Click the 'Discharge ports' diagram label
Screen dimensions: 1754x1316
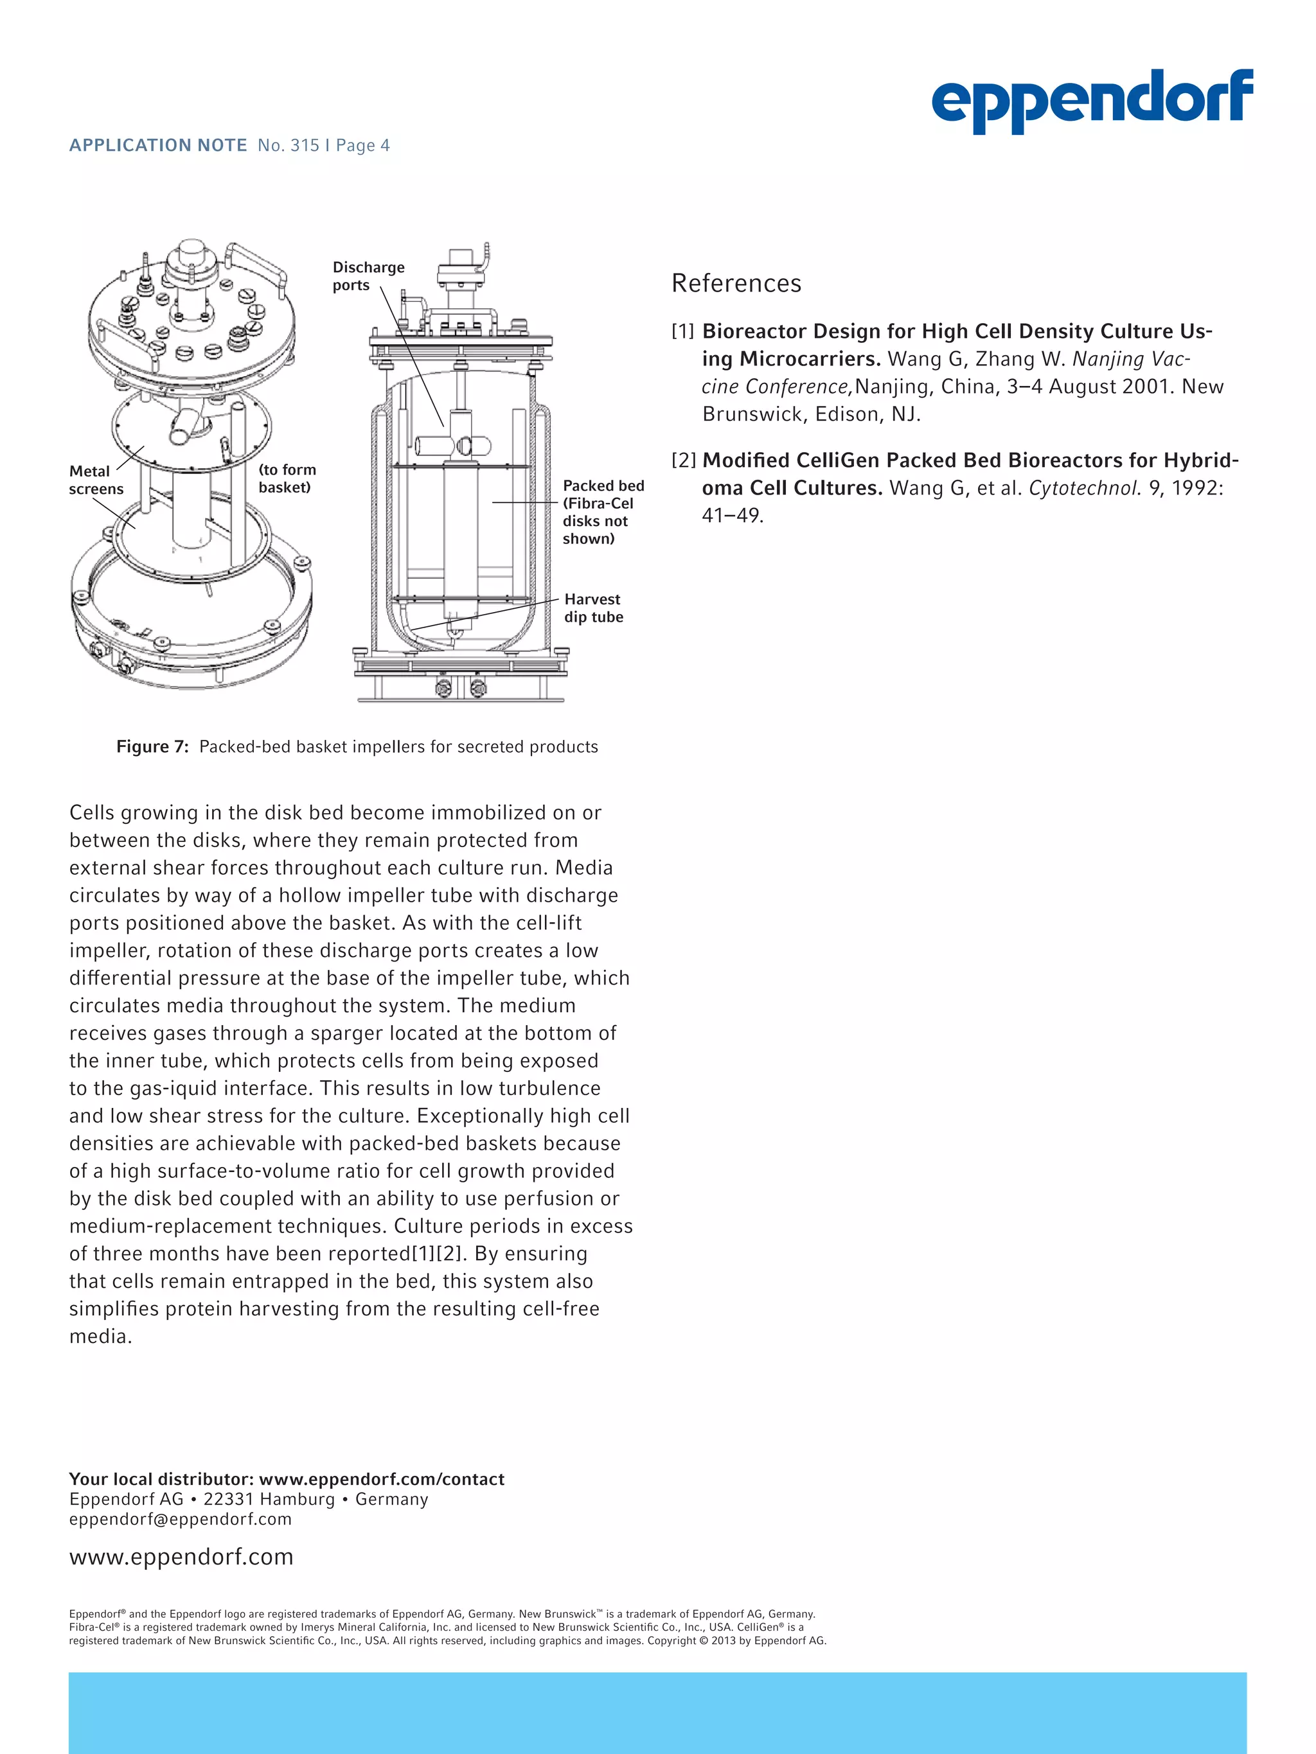click(368, 276)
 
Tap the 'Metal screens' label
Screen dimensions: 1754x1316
click(95, 480)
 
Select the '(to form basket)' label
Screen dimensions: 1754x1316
click(287, 478)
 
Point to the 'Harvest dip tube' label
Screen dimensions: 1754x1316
click(593, 608)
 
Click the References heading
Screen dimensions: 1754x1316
click(736, 283)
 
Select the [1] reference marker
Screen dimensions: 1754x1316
click(682, 331)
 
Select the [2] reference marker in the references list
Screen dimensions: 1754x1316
click(683, 460)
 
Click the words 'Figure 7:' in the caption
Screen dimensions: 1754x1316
click(152, 747)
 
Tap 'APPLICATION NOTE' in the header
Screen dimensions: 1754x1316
click(158, 146)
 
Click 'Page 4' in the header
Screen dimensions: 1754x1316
click(362, 146)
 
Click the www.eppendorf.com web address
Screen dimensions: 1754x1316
click(181, 1557)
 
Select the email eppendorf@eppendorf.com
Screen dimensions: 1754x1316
click(180, 1520)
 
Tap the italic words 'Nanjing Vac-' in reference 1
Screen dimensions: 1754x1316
click(1130, 359)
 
